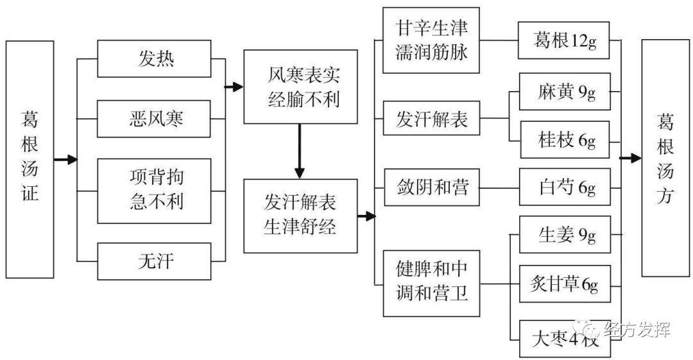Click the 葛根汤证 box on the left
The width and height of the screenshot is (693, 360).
[30, 159]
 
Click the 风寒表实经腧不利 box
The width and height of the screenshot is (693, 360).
[300, 87]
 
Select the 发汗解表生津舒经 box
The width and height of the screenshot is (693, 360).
[300, 216]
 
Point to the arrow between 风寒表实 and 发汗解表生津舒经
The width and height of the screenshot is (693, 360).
[300, 151]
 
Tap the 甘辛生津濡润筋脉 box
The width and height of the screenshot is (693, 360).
[431, 40]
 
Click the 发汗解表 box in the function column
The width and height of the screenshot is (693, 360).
[431, 119]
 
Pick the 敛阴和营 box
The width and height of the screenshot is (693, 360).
[431, 188]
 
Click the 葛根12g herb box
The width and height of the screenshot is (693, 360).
[563, 40]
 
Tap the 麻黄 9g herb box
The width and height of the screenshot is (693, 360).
[563, 92]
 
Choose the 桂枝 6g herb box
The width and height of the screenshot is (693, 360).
[563, 140]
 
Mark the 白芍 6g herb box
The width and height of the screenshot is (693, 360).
[563, 188]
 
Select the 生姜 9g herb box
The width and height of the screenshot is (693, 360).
[563, 236]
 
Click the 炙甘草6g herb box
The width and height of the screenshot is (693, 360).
[563, 284]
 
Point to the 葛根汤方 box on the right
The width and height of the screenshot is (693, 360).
[665, 158]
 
